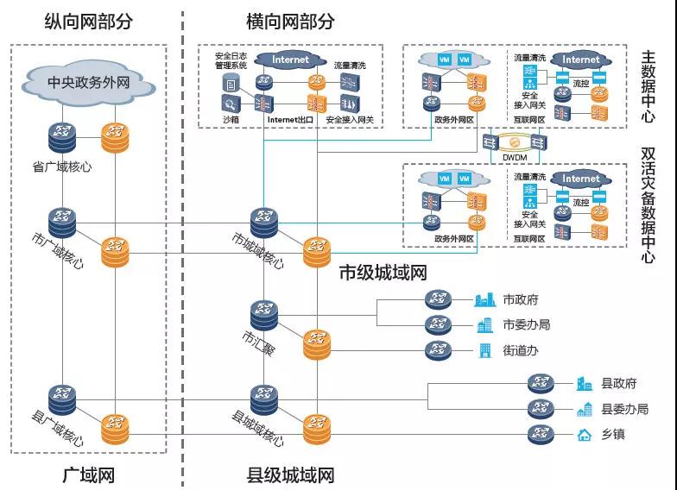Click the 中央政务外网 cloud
tap(89, 83)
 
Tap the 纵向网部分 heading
tap(89, 22)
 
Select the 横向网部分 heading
tap(290, 22)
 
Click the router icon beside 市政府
tap(438, 300)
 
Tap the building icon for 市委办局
tap(485, 325)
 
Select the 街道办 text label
tap(521, 350)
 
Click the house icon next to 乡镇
tap(585, 434)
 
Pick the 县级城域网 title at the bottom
tap(290, 475)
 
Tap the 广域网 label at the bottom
tap(89, 475)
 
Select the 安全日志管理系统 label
tap(231, 60)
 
